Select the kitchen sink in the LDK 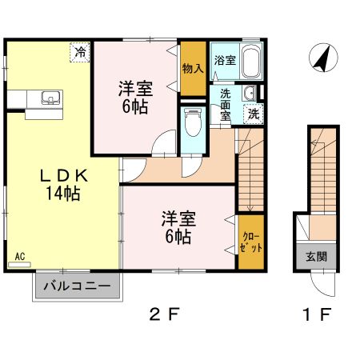pos(50,99)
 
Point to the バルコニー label pos(77,286)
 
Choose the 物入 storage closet pos(192,68)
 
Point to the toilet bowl pos(193,122)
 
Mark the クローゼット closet pos(250,240)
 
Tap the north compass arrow pos(322,58)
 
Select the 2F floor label pos(164,314)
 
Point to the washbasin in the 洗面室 pos(250,91)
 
